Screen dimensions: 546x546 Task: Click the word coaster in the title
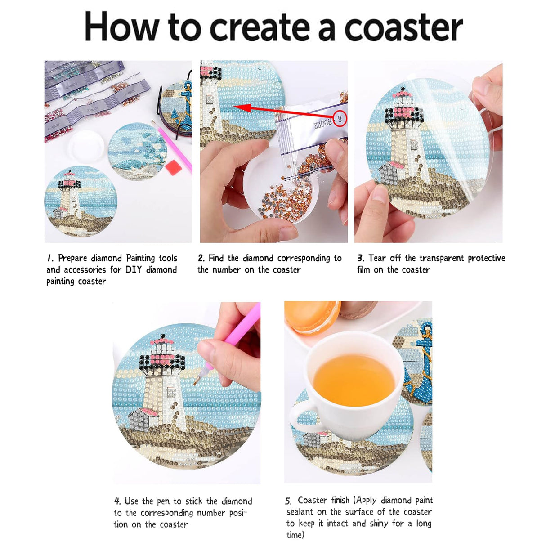[x=403, y=27]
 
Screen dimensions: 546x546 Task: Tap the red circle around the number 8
[x=340, y=119]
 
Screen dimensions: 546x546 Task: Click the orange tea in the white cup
[x=354, y=380]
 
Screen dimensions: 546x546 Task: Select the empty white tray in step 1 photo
[x=86, y=146]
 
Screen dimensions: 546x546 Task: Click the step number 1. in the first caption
[x=50, y=258]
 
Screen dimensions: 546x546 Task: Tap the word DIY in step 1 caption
[x=134, y=270]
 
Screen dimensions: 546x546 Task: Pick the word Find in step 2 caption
[x=216, y=258]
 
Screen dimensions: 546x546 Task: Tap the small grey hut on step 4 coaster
[x=140, y=418]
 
